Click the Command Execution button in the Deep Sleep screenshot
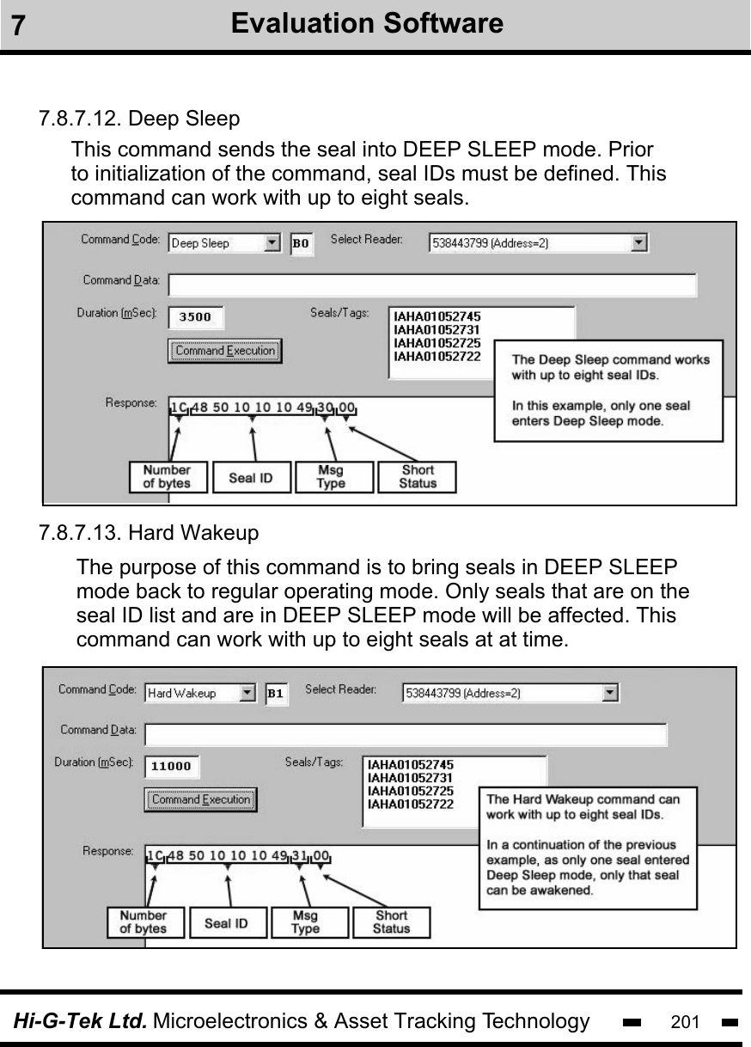tap(224, 351)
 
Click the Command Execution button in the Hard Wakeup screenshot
tap(200, 799)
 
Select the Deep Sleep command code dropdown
tap(224, 243)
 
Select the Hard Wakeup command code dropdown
tap(200, 693)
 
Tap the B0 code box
tap(302, 243)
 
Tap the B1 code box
tap(277, 693)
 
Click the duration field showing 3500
tap(195, 316)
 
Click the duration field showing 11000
tap(171, 766)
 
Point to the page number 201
tap(685, 1022)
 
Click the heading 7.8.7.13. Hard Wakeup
tap(149, 534)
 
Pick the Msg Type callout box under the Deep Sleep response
tap(333, 477)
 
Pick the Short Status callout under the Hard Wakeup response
tap(392, 922)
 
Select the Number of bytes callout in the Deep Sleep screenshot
tap(168, 477)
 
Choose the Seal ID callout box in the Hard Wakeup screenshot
tap(226, 923)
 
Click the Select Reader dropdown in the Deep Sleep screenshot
tap(539, 243)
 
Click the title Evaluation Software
tap(368, 23)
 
